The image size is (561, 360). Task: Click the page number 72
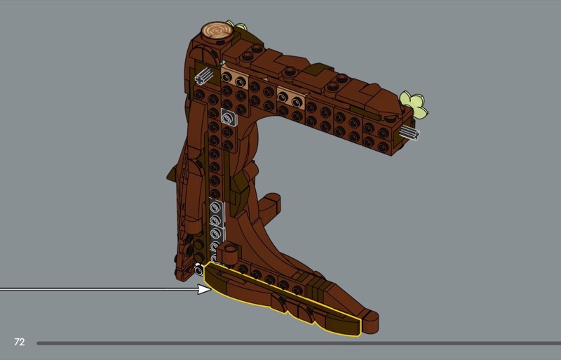pyautogui.click(x=20, y=342)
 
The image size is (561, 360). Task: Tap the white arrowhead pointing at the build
pyautogui.click(x=205, y=289)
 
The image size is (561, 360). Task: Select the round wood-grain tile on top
pyautogui.click(x=217, y=31)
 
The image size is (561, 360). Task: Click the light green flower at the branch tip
pyautogui.click(x=414, y=104)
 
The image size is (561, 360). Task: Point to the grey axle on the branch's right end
pyautogui.click(x=410, y=133)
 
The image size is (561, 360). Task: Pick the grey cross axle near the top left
pyautogui.click(x=204, y=76)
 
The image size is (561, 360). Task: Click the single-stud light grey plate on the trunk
pyautogui.click(x=229, y=116)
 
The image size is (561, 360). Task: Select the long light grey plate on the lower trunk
pyautogui.click(x=217, y=229)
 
